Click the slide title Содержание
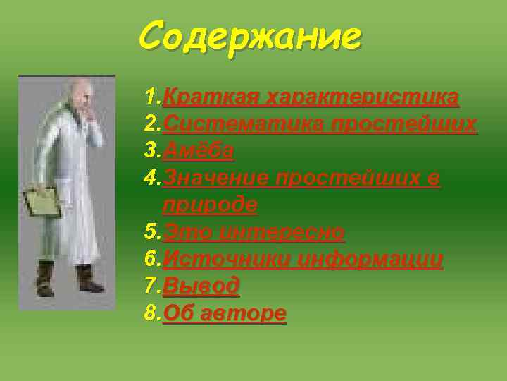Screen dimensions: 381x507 pyautogui.click(x=250, y=35)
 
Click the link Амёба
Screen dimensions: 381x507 pyautogui.click(x=199, y=151)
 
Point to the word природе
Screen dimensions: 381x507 pyautogui.click(x=210, y=205)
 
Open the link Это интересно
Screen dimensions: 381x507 pyautogui.click(x=254, y=232)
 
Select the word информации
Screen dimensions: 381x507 pyautogui.click(x=370, y=260)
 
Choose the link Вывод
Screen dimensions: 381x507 pyautogui.click(x=201, y=286)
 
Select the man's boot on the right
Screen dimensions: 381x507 pyautogui.click(x=87, y=277)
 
